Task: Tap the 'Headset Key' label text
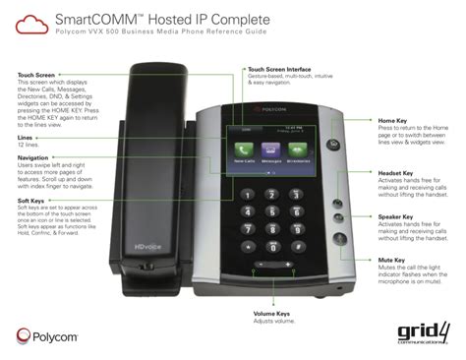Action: pos(399,173)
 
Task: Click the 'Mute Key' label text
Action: pos(394,261)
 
